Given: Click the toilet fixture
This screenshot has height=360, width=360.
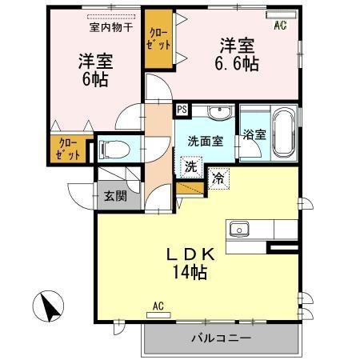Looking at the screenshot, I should (114, 149).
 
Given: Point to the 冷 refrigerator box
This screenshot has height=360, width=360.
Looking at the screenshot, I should (218, 179).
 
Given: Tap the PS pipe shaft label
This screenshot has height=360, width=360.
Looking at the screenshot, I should (181, 108).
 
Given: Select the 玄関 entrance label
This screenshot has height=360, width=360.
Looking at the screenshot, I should (110, 196).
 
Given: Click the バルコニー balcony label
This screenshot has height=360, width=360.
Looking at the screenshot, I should (221, 338).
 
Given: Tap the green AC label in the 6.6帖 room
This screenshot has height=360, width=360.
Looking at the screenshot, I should (280, 26).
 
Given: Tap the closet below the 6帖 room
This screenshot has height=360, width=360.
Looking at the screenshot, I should (67, 148).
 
